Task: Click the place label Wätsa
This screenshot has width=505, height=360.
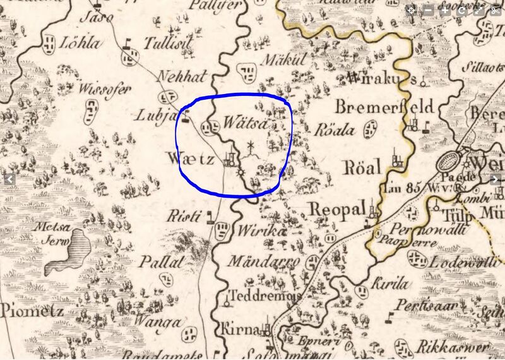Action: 242,120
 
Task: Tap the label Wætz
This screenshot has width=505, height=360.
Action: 191,158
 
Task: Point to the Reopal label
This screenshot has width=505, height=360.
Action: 337,209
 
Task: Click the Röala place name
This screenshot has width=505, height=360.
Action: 334,131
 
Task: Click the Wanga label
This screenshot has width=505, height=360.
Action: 162,322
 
